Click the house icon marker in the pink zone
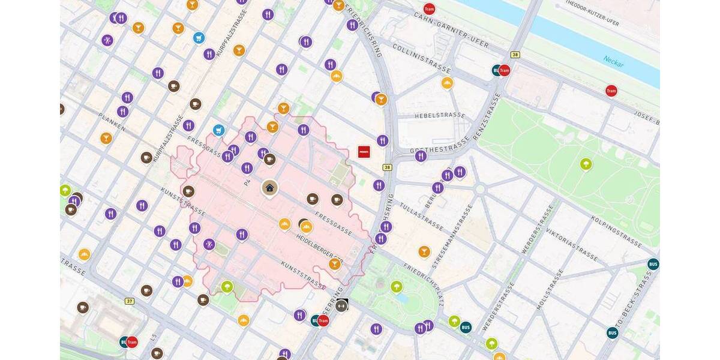click(269, 188)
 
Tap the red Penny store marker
click(364, 152)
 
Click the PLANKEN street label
click(113, 119)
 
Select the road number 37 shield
click(130, 301)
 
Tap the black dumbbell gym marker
click(342, 305)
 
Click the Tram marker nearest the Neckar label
click(611, 91)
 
